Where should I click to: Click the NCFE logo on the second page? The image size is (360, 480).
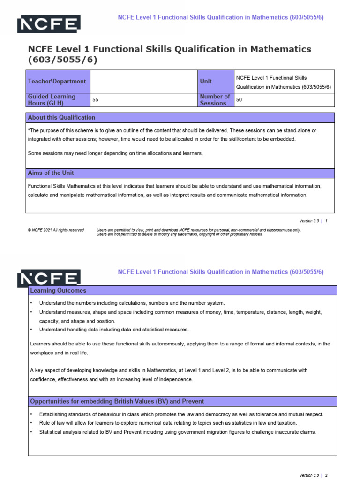click(x=49, y=278)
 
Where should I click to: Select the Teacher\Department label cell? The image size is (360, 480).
click(x=57, y=81)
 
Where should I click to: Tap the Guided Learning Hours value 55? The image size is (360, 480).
click(x=96, y=100)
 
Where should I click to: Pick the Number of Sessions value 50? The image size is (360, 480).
click(x=239, y=100)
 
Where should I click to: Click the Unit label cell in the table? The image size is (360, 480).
click(x=206, y=81)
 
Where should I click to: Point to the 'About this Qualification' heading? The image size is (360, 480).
click(x=61, y=117)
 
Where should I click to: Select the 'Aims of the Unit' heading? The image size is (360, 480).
click(x=51, y=173)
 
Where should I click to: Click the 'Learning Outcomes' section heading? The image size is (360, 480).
click(x=58, y=291)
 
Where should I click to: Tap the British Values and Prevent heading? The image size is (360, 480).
click(x=117, y=402)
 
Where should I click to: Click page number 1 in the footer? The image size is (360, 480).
click(x=326, y=221)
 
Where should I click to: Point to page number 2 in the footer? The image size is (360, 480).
click(x=326, y=475)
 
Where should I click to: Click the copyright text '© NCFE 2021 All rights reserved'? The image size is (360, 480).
click(x=56, y=230)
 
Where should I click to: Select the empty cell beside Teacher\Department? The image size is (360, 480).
click(x=143, y=81)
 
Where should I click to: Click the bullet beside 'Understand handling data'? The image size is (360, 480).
click(x=31, y=330)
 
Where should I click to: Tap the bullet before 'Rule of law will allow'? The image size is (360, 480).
click(x=31, y=423)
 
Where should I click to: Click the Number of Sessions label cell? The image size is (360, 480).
click(x=215, y=100)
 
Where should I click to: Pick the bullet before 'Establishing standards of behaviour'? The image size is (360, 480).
click(x=31, y=415)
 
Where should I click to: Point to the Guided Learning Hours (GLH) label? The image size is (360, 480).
click(x=52, y=100)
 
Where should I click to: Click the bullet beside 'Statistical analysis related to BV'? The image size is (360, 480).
click(x=31, y=432)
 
